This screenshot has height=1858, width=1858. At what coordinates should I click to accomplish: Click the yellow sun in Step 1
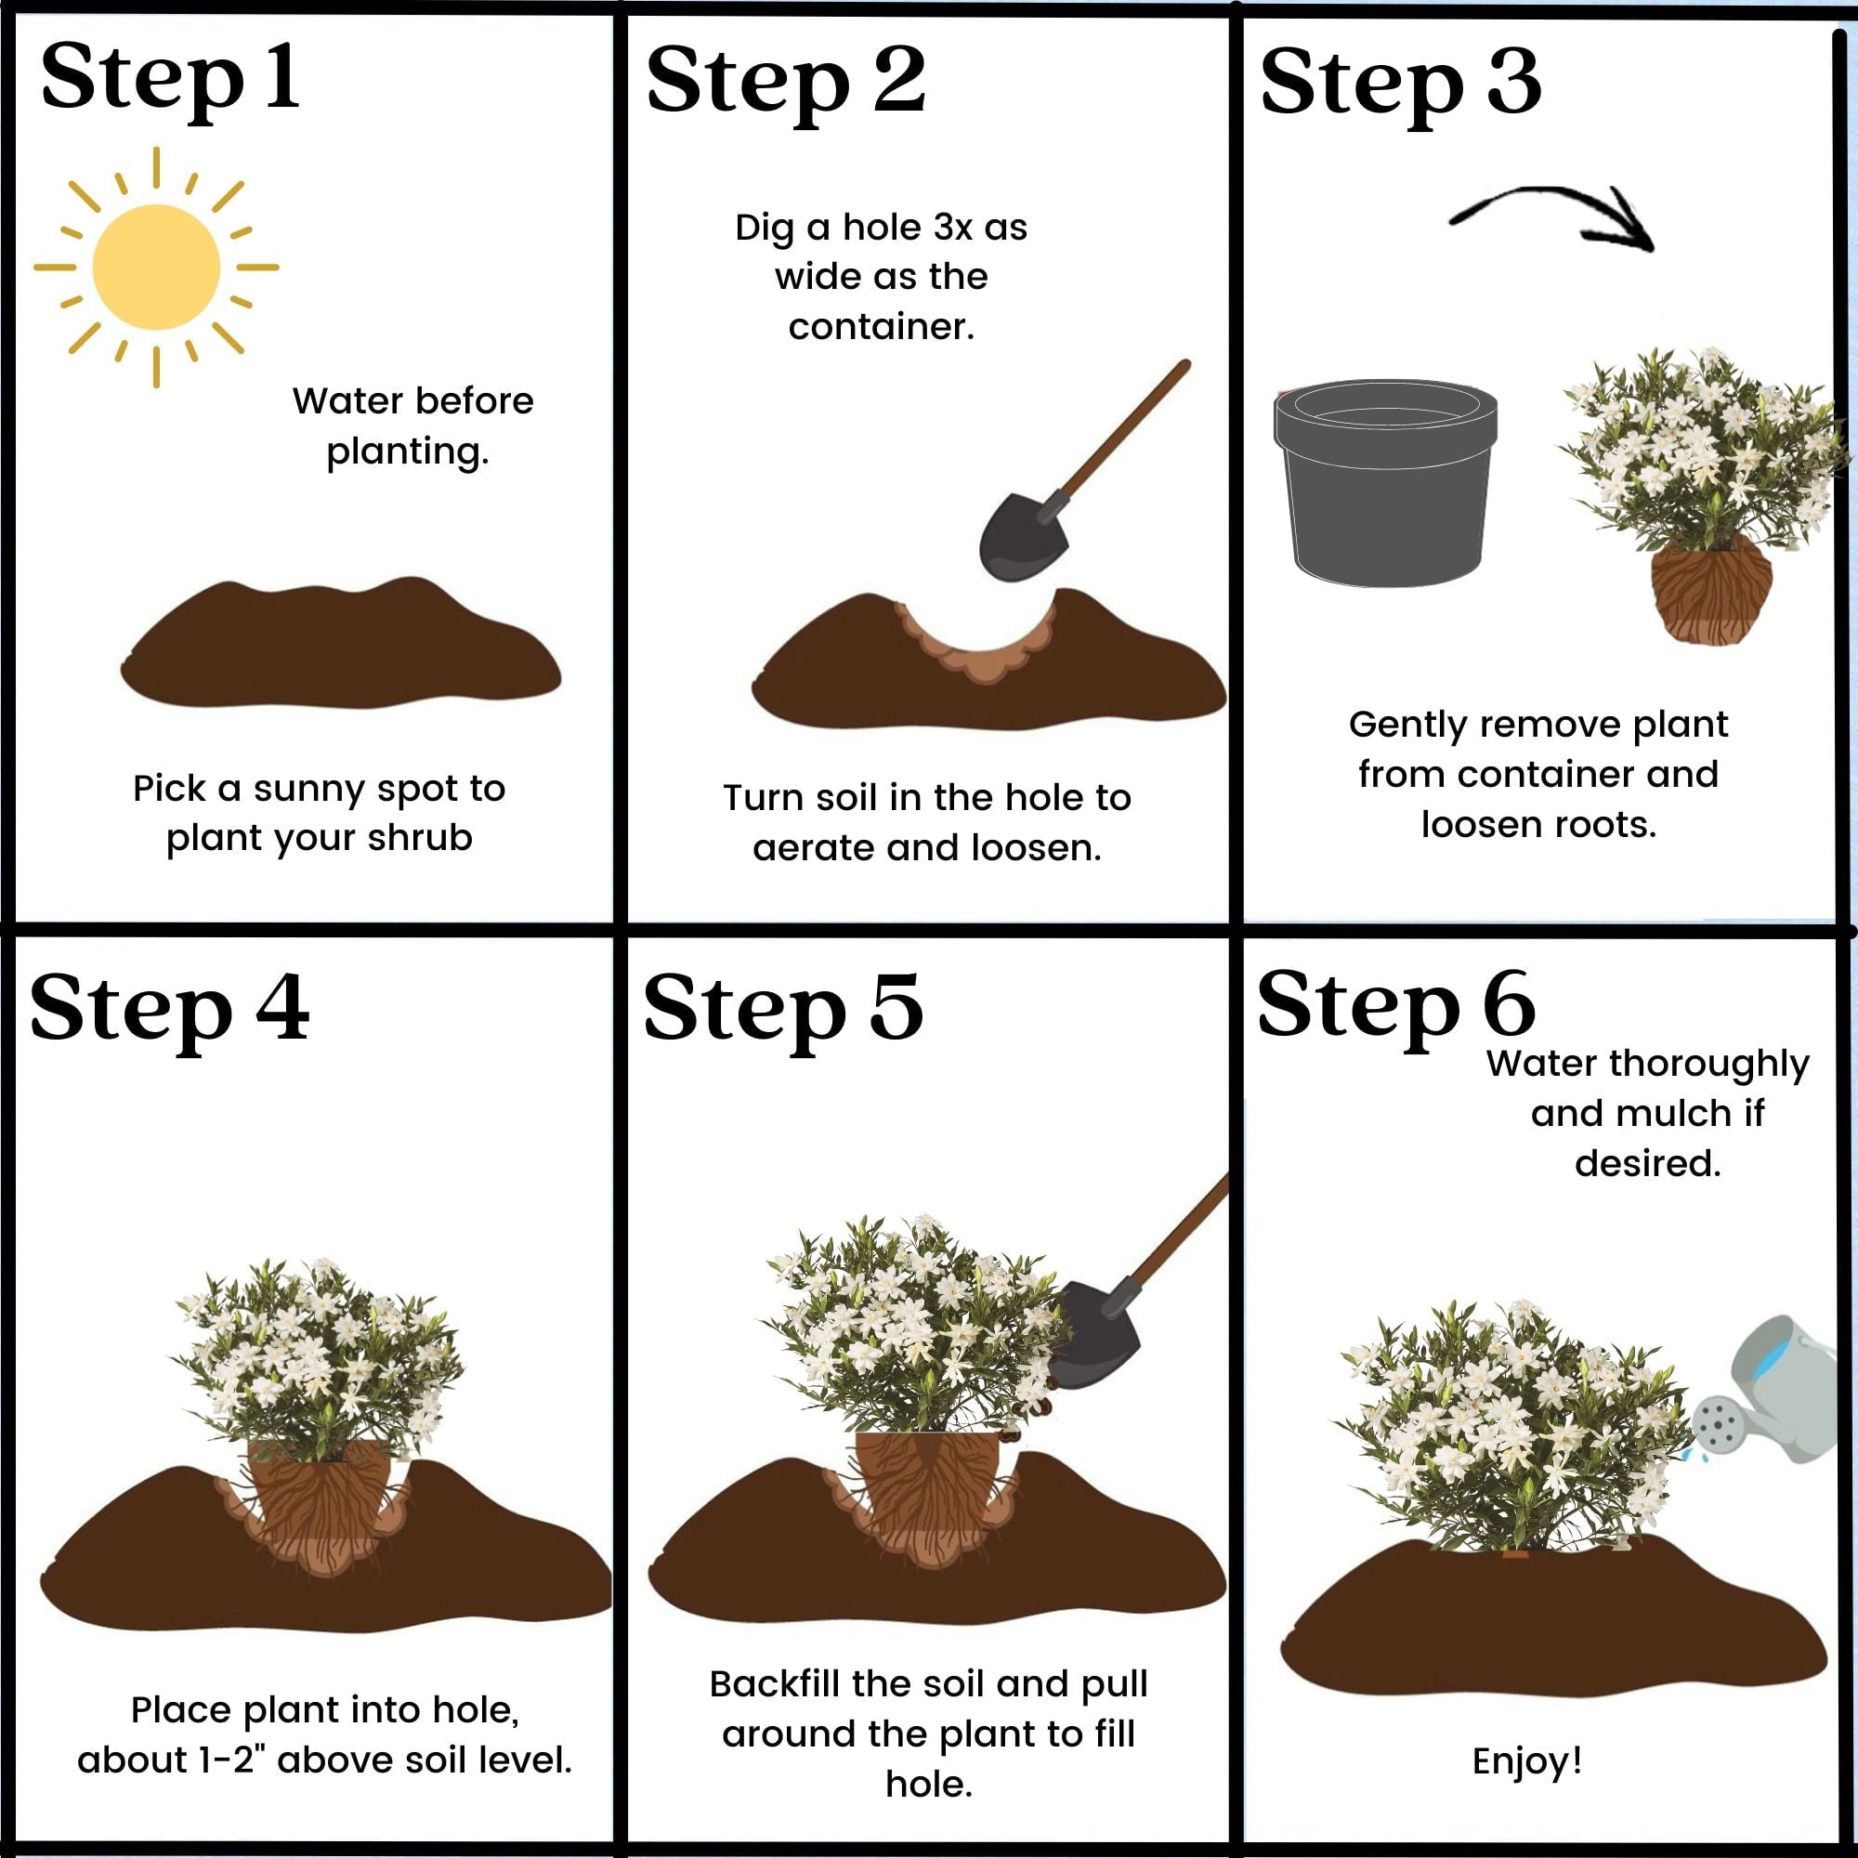pyautogui.click(x=156, y=268)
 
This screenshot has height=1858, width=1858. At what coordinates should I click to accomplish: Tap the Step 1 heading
pyautogui.click(x=169, y=79)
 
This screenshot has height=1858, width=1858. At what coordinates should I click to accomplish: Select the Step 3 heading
pyautogui.click(x=1400, y=85)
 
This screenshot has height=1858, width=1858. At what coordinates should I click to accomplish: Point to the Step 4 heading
pyautogui.click(x=169, y=1011)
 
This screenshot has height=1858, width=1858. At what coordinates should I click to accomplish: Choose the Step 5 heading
pyautogui.click(x=783, y=1011)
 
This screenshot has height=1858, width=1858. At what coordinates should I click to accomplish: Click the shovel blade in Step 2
pyautogui.click(x=1024, y=538)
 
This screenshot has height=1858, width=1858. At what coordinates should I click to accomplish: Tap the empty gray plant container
pyautogui.click(x=1386, y=482)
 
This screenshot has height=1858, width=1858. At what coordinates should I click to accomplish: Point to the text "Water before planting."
pyautogui.click(x=412, y=425)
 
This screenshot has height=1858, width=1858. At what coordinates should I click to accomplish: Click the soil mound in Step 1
pyautogui.click(x=340, y=644)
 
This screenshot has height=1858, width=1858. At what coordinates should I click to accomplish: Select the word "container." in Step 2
pyautogui.click(x=881, y=327)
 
